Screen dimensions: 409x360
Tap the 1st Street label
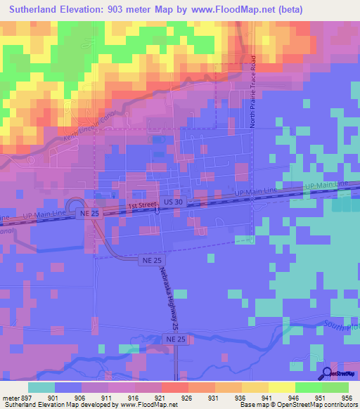[x=141, y=206]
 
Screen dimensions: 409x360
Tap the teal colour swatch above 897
[x=41, y=387]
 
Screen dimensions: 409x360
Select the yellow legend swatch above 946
[x=281, y=387]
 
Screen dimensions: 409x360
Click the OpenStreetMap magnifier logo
[x=328, y=373]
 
